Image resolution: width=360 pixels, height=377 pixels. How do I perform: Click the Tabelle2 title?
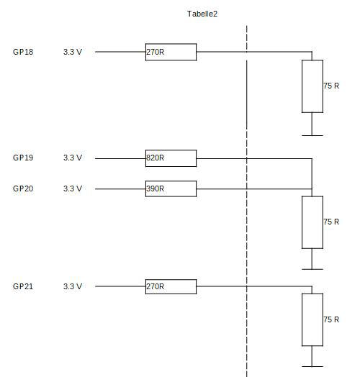pos(202,14)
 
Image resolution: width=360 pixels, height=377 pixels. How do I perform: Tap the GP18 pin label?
pos(23,52)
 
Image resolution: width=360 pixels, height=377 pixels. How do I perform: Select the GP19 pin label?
pos(23,158)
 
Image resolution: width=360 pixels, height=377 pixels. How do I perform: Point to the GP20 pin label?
pos(23,188)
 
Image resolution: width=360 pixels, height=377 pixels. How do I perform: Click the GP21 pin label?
pos(23,286)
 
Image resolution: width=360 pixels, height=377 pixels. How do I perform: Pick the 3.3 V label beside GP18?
pos(73,52)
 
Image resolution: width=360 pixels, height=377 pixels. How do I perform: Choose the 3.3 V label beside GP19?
pos(73,158)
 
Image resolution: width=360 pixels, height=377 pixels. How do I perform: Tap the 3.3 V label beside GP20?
pos(73,188)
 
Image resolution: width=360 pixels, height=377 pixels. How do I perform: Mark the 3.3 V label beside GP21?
pos(73,286)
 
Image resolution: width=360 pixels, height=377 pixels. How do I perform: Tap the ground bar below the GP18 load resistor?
pos(312,135)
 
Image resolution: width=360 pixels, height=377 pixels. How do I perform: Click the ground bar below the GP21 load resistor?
pos(312,366)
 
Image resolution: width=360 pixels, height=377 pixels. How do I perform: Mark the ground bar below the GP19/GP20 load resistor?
pos(312,269)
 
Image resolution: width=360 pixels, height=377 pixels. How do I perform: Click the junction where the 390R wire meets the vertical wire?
pos(312,189)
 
